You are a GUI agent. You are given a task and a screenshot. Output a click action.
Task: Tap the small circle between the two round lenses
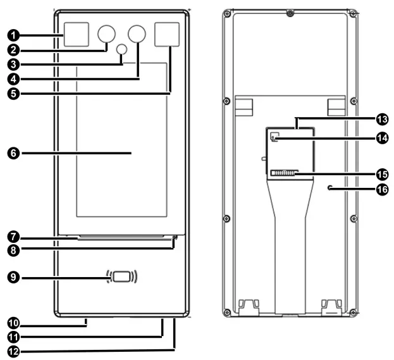(x=122, y=49)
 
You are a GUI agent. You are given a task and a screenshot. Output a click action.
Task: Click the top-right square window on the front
(x=168, y=35)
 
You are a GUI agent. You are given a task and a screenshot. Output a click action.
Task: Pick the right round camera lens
(x=137, y=34)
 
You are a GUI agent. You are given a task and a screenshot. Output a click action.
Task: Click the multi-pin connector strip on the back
(x=283, y=173)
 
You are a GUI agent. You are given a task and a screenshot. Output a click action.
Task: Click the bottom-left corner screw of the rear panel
(x=227, y=312)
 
